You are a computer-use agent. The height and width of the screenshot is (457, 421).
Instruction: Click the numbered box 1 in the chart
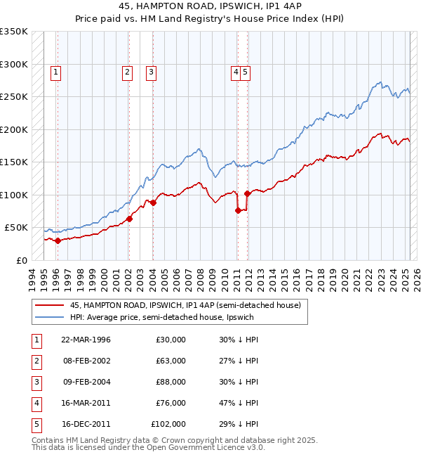[x=55, y=71]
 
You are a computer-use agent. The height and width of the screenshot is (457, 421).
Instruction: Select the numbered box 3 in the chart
[x=151, y=71]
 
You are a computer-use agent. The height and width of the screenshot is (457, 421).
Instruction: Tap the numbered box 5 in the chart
[x=246, y=71]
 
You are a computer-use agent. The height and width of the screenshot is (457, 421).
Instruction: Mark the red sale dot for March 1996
[x=58, y=240]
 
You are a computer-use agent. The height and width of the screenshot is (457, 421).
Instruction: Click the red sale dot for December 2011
[x=248, y=193]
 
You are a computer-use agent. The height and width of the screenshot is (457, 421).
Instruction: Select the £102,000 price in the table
[x=168, y=424]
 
